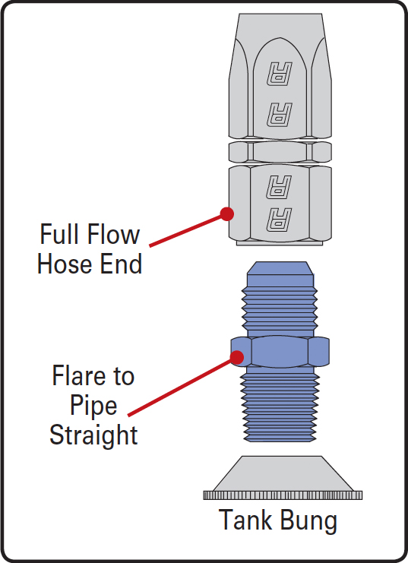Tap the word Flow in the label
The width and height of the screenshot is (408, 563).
113,234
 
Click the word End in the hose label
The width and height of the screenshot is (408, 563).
121,264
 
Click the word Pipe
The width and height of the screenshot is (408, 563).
93,406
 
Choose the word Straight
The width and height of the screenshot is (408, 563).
93,435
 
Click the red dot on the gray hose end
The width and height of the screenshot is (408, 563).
227,214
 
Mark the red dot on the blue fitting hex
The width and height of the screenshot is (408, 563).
237,357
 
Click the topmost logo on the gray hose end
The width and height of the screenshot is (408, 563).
280,74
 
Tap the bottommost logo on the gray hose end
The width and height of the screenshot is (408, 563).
279,220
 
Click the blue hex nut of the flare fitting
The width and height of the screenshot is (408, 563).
280,352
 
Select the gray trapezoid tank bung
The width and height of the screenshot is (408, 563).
283,473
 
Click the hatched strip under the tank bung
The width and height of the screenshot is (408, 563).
283,495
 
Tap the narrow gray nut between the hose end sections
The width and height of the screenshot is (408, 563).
280,152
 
